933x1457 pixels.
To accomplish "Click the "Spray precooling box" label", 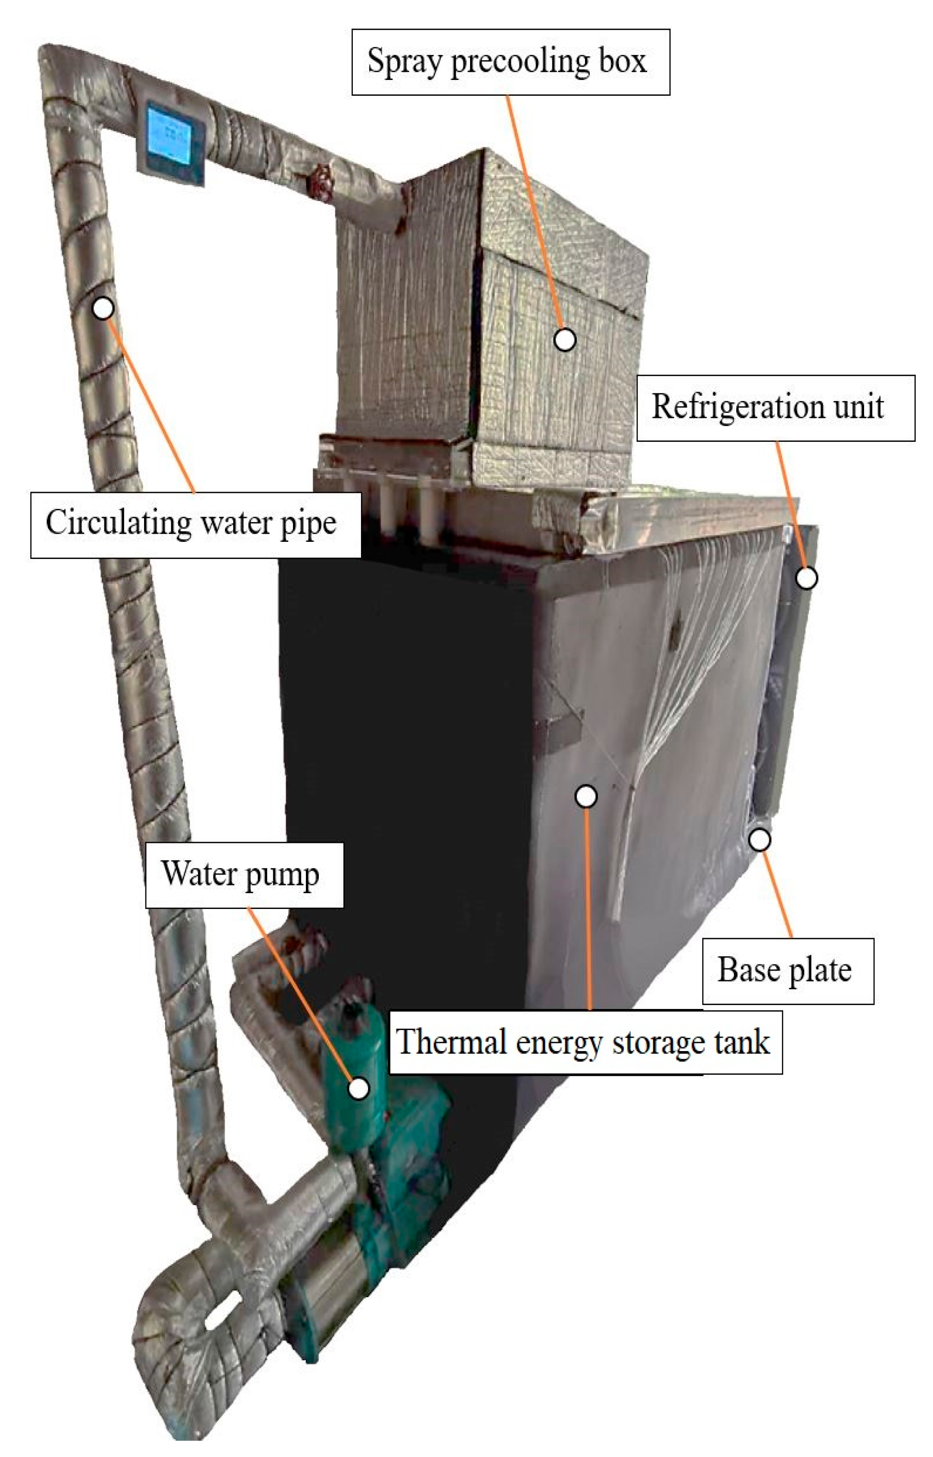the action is [x=510, y=62].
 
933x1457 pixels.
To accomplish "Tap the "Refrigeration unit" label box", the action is [x=775, y=408].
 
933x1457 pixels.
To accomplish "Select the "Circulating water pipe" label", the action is [x=195, y=525].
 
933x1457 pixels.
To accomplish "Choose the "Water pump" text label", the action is [x=244, y=875].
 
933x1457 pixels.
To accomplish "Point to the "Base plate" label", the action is [x=787, y=971].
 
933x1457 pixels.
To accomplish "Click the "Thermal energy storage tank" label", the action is [x=585, y=1042].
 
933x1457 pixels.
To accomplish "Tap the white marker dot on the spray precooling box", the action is [x=565, y=340].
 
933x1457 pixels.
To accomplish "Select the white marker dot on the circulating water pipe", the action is [x=103, y=308].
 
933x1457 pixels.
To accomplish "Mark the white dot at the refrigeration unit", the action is [x=806, y=578].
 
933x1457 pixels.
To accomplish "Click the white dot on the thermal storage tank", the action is [x=586, y=796].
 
